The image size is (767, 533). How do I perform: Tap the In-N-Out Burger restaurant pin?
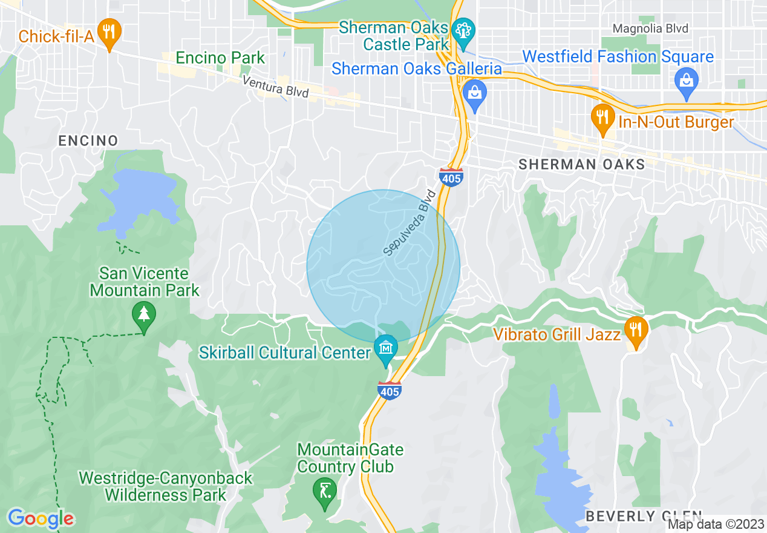pos(601,116)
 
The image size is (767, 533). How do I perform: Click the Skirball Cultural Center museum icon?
pos(385,348)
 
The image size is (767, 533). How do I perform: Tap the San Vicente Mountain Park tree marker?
pos(144,314)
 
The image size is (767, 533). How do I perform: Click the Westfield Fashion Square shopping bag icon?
pos(687,80)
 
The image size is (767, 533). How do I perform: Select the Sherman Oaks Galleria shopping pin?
pos(475,93)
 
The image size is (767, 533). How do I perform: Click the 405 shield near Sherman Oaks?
pos(451,177)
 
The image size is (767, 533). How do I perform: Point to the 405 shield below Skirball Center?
pos(390,391)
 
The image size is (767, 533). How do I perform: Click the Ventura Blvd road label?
pos(275,87)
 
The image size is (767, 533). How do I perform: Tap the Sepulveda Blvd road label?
pos(410,222)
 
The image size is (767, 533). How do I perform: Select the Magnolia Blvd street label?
pos(650,28)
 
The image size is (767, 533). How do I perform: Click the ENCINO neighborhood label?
pos(88,141)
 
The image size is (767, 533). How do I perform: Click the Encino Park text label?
pos(220,58)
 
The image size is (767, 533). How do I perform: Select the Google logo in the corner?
pos(41,518)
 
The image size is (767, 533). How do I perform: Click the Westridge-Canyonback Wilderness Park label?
pos(165,486)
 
